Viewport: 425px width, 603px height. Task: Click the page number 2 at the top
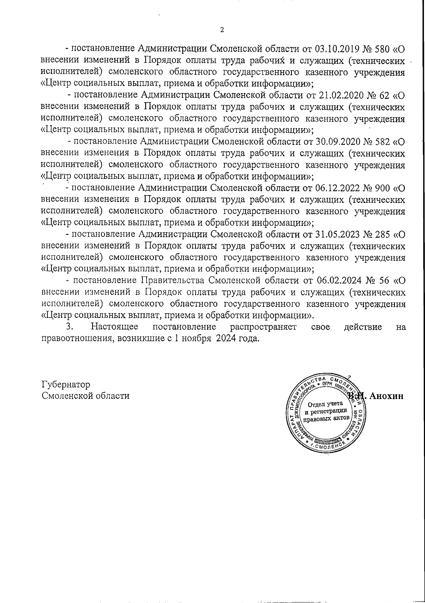222,30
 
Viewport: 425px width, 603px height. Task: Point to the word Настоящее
115,327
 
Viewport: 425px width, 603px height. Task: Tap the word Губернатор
66,385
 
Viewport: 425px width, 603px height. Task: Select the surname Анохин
386,396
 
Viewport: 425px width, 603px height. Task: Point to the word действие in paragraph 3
363,327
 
